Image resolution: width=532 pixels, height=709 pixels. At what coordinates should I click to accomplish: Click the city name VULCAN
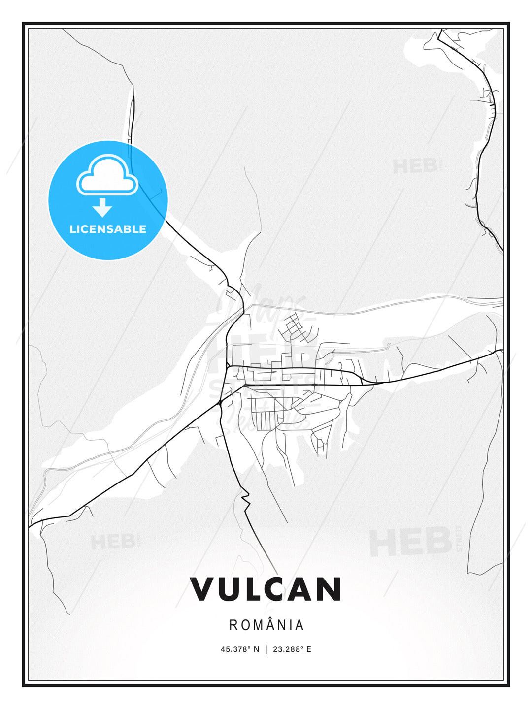coord(266,589)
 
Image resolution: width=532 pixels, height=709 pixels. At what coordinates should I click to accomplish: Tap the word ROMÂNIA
coord(266,625)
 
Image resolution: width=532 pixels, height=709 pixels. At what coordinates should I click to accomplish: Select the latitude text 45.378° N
coord(239,649)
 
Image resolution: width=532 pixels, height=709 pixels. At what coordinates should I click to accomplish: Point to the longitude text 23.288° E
coord(292,649)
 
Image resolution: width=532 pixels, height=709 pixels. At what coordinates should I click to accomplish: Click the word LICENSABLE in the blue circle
coord(108,229)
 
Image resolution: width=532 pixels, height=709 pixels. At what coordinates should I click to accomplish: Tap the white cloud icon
coord(107,175)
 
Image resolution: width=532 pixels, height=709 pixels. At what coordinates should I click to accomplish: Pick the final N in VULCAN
coord(329,589)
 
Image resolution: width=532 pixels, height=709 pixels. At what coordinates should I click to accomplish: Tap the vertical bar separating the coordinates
coord(266,649)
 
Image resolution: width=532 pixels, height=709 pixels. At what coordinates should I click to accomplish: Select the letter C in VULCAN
coord(276,589)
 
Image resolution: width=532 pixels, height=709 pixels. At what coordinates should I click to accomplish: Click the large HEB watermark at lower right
coord(411,542)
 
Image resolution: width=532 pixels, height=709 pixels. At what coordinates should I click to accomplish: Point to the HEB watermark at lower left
coord(113,542)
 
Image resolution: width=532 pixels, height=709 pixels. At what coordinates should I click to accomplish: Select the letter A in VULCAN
coord(301,589)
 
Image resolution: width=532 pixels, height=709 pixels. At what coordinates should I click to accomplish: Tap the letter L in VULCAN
coord(252,589)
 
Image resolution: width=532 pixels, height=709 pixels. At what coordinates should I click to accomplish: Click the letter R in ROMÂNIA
coord(234,625)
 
